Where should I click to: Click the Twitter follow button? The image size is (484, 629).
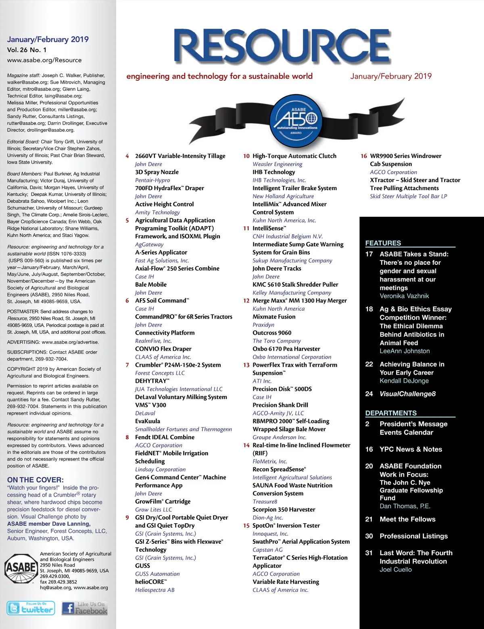click(x=31, y=608)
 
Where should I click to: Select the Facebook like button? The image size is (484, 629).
click(x=85, y=608)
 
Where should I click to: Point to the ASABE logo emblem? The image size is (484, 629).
click(x=21, y=568)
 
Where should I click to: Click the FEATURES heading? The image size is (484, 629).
click(x=383, y=243)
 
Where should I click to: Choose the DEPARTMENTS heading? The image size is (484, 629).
click(x=391, y=413)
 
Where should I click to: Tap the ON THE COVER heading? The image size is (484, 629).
click(x=35, y=480)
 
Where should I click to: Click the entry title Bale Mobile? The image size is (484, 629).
click(x=151, y=285)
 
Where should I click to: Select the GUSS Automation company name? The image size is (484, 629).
click(x=157, y=574)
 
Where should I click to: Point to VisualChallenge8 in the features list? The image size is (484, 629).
click(x=407, y=394)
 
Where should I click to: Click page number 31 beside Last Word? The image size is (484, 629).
click(x=369, y=553)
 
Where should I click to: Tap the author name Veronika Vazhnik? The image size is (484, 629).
click(x=404, y=296)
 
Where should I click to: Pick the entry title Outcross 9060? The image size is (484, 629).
click(x=272, y=333)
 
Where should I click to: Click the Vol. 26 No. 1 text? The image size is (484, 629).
click(x=27, y=50)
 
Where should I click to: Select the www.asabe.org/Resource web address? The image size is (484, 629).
click(x=44, y=60)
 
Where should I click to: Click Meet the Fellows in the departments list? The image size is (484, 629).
click(x=407, y=519)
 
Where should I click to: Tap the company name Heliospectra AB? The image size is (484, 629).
click(x=155, y=590)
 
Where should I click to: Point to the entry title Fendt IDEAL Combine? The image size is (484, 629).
click(x=165, y=437)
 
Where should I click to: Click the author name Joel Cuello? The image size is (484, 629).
click(x=396, y=569)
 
